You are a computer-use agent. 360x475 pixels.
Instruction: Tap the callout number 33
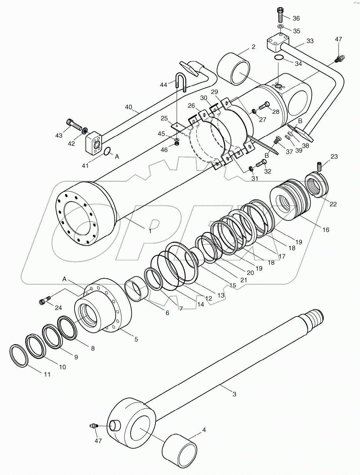(x=310, y=41)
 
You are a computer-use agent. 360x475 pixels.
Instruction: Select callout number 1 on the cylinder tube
(x=150, y=231)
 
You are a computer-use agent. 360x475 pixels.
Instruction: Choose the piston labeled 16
(x=290, y=202)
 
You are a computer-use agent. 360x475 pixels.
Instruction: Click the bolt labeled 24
(x=45, y=301)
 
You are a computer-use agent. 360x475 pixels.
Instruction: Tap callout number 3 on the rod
(x=234, y=394)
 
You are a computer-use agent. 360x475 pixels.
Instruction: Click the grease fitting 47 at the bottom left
(x=94, y=426)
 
